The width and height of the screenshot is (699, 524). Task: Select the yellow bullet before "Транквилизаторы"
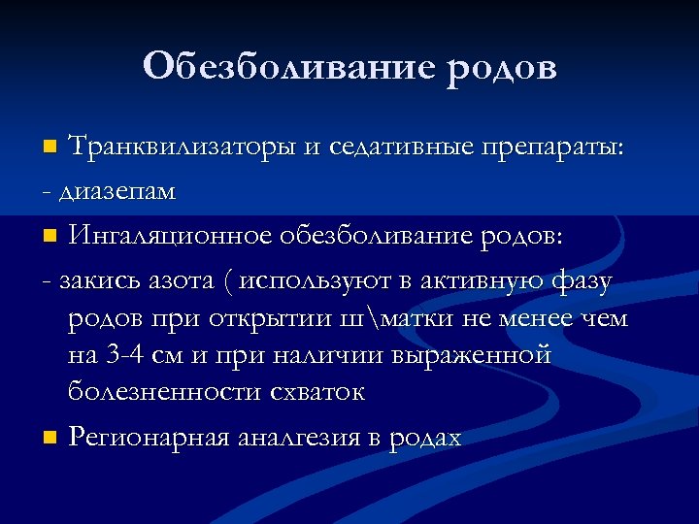pyautogui.click(x=50, y=148)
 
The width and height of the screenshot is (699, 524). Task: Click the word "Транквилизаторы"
pyautogui.click(x=183, y=147)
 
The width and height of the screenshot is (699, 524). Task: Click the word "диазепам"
pyautogui.click(x=118, y=191)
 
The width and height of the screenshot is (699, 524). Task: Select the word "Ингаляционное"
pyautogui.click(x=169, y=236)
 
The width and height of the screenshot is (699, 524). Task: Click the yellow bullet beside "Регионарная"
pyautogui.click(x=50, y=439)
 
